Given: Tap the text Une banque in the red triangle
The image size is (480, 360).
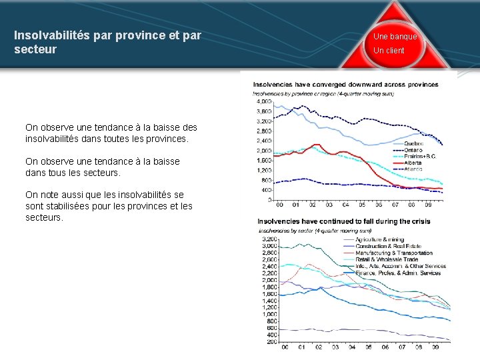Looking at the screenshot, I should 395,37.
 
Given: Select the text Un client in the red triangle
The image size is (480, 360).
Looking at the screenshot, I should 389,51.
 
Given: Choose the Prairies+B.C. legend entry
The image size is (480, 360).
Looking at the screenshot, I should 422,156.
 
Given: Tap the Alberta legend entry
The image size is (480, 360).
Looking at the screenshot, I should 413,162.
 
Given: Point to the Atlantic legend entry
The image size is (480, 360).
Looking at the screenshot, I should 414,169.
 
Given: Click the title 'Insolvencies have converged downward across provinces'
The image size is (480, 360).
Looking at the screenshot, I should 345,85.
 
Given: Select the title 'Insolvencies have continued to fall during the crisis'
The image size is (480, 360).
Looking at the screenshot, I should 343,221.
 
